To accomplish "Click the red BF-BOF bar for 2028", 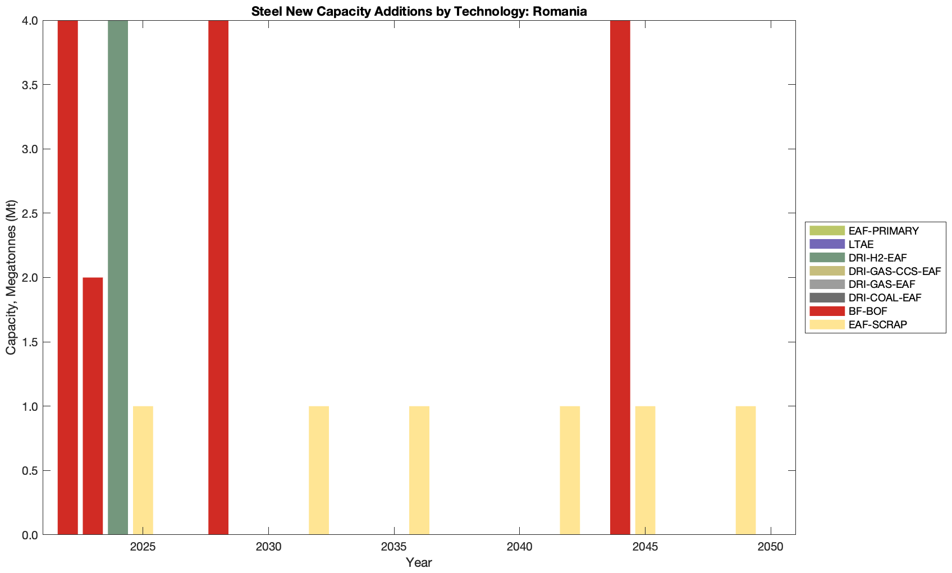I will (x=218, y=277).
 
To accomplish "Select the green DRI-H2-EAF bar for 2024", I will (x=118, y=277).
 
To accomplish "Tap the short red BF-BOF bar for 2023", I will (x=93, y=406).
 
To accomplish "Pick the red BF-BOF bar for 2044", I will (x=620, y=277).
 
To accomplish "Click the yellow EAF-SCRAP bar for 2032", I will (x=319, y=470).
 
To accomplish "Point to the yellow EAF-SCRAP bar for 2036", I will (x=419, y=470).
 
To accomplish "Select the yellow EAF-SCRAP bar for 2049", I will (x=745, y=470).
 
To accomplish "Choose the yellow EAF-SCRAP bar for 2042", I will (x=570, y=470).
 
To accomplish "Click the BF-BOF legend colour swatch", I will (x=827, y=311).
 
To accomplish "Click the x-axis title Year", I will (x=419, y=562).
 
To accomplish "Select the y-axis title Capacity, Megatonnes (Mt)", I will (x=11, y=277).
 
